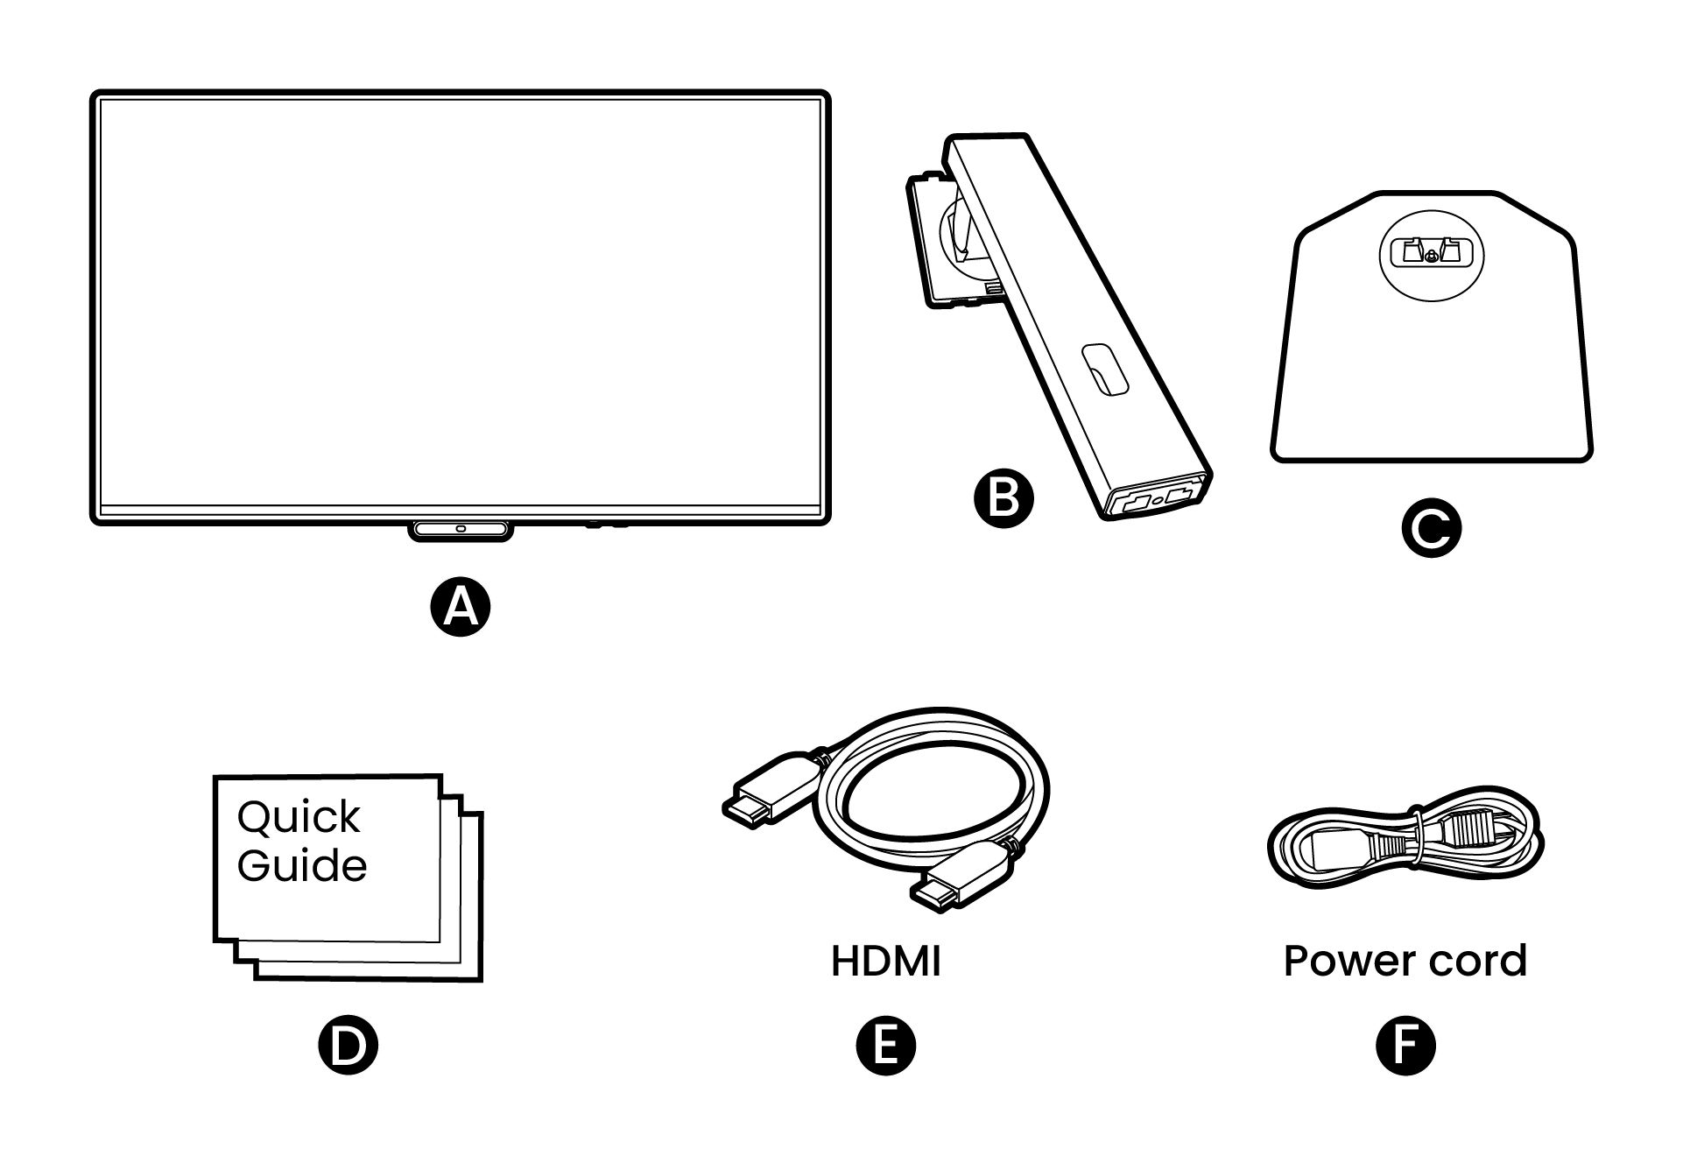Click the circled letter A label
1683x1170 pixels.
(x=461, y=607)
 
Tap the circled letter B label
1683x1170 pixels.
(x=1003, y=499)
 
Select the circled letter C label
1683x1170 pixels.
(x=1431, y=528)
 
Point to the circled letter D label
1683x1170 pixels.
(x=348, y=1046)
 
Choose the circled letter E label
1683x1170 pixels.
(x=885, y=1046)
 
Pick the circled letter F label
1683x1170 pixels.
(x=1405, y=1046)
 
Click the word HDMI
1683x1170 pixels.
(x=885, y=962)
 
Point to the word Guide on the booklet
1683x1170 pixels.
(x=302, y=866)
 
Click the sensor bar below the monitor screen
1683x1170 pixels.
(x=461, y=530)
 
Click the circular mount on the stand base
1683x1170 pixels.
(x=1431, y=254)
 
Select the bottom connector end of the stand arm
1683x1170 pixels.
(x=1158, y=499)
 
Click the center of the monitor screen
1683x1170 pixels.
(x=461, y=302)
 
